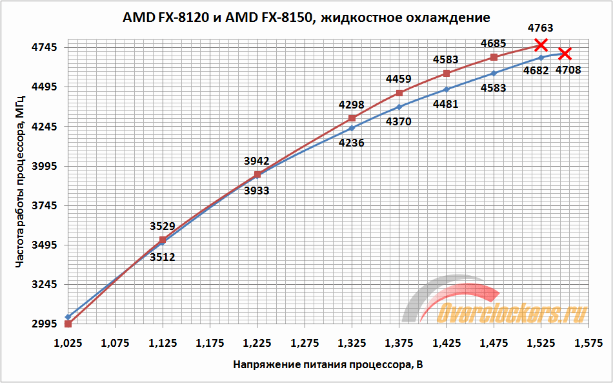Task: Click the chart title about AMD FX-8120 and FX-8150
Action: point(306,17)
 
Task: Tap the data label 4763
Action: point(540,28)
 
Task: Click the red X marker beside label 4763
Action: point(541,45)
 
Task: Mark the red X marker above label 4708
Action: point(565,53)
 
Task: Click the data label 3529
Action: point(162,226)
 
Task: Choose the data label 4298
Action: point(352,105)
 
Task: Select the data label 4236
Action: point(352,143)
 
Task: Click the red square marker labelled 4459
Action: point(399,93)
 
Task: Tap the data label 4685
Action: point(494,44)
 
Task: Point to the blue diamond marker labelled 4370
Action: point(399,107)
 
